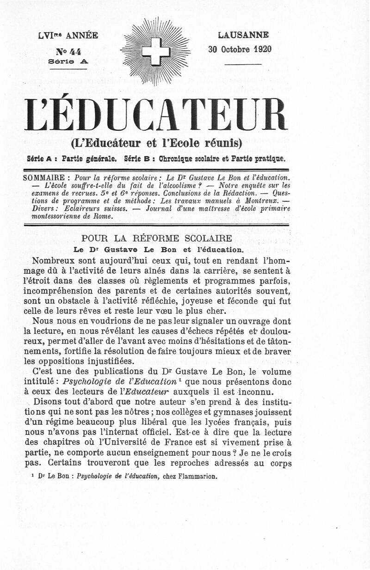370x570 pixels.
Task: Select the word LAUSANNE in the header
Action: coord(243,35)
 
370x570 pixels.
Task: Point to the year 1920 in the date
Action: coord(261,49)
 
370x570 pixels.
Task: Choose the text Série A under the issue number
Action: coord(68,61)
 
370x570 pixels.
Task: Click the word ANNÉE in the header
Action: coord(81,36)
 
